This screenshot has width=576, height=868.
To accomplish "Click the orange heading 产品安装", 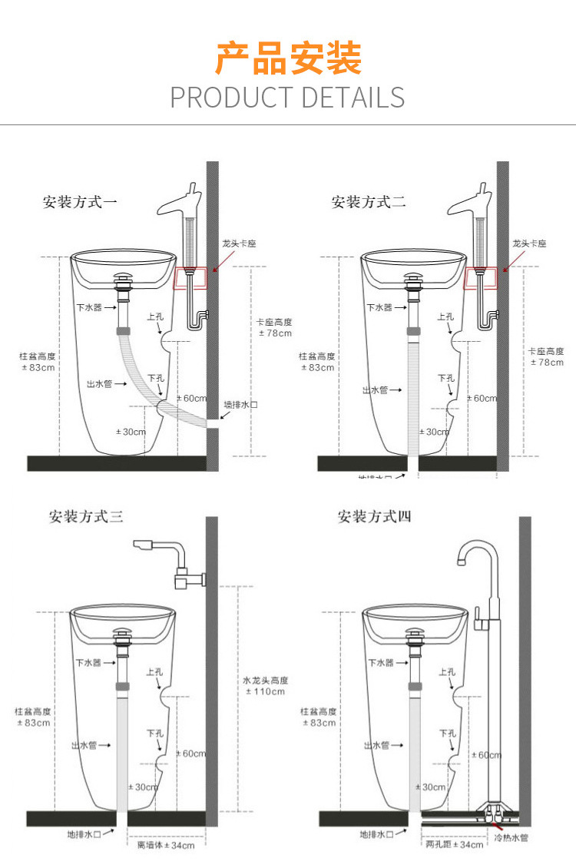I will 288,59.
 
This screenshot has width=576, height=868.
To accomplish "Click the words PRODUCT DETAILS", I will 287,98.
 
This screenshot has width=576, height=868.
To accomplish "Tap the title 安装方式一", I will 80,203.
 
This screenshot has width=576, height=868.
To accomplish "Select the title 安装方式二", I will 369,203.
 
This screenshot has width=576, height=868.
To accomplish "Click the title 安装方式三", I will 86,516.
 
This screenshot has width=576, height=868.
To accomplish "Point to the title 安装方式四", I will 374,516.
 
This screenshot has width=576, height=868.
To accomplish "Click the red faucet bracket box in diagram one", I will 192,278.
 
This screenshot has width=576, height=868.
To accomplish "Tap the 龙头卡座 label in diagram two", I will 529,244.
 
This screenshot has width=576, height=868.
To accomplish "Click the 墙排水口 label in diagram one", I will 241,404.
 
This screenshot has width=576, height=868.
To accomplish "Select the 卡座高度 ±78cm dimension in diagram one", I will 274,328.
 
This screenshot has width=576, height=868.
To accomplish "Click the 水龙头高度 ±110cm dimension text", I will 265,686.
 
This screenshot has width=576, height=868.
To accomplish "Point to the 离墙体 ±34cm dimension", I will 166,845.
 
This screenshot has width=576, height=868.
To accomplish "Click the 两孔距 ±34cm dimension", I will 455,845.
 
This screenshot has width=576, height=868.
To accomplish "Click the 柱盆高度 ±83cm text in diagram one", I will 38,362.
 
